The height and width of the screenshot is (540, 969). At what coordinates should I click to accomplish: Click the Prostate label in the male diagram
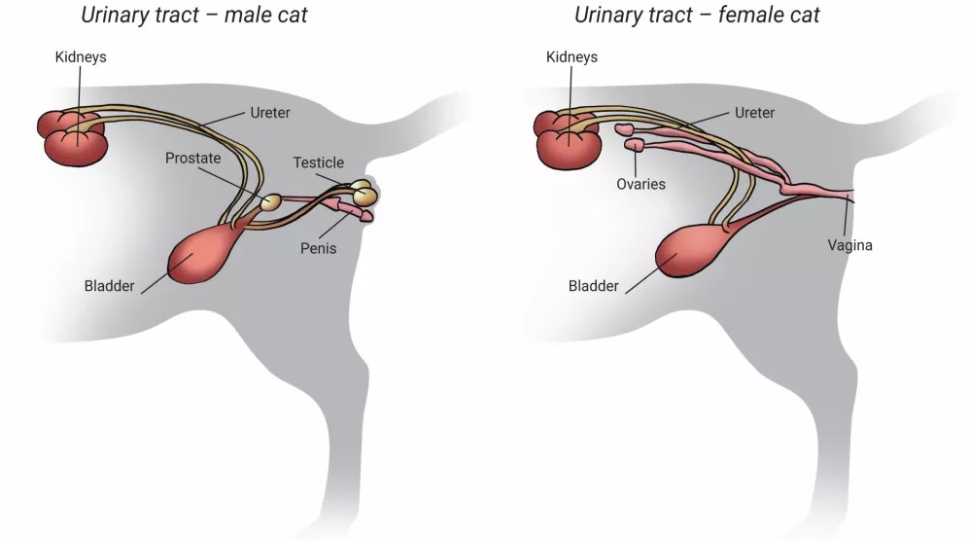(x=192, y=158)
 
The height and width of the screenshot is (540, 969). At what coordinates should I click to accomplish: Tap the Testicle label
(x=319, y=162)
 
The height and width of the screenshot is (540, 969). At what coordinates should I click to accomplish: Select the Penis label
(x=318, y=248)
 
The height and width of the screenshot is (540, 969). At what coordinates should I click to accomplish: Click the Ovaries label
(x=640, y=183)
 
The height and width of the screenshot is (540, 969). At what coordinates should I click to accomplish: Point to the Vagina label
(x=849, y=245)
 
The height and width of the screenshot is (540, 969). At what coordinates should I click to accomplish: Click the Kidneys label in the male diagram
(x=81, y=57)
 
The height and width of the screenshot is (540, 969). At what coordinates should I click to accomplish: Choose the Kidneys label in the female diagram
(x=572, y=57)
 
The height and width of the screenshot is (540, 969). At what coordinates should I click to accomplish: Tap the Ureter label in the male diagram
(x=270, y=113)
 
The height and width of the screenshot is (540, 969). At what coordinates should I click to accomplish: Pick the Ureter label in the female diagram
(x=754, y=113)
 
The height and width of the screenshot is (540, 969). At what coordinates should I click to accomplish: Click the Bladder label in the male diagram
(x=110, y=286)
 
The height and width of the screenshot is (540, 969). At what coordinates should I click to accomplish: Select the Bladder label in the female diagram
(x=593, y=286)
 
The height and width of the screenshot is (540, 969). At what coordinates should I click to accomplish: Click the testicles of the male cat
(x=364, y=192)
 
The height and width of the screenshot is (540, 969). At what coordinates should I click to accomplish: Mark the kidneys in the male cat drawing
(x=73, y=140)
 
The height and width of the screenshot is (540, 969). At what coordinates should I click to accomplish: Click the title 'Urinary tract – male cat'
(x=194, y=16)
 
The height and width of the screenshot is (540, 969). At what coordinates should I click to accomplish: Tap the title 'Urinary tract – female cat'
(x=697, y=16)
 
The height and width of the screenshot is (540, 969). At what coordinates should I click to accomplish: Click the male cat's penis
(x=345, y=207)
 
